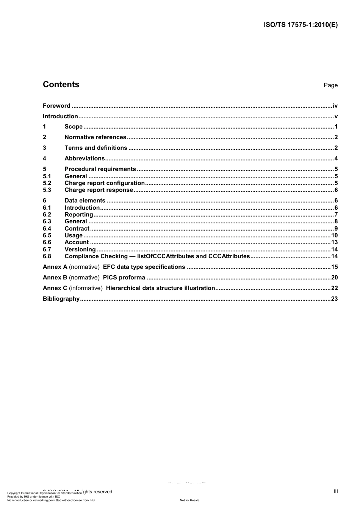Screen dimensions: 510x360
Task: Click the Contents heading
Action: (61, 85)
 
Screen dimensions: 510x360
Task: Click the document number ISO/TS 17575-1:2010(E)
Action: (301, 25)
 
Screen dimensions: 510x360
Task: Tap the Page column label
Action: (330, 85)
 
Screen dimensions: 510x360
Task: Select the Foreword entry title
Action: (56, 106)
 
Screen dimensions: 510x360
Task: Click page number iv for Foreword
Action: (335, 106)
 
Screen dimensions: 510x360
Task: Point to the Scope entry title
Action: (74, 127)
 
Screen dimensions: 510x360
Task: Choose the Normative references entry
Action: (95, 137)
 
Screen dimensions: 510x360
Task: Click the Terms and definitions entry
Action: (96, 148)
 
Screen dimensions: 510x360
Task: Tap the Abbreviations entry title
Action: (85, 158)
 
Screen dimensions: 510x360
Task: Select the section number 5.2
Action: (47, 183)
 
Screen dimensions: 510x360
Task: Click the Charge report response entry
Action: (99, 190)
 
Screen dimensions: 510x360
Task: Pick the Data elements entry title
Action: (85, 201)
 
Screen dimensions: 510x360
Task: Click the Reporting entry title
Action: (79, 215)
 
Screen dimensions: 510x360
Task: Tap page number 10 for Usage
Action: (334, 235)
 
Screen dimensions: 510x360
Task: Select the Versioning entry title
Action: (80, 250)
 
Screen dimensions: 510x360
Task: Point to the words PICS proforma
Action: (124, 278)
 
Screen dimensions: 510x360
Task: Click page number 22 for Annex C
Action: (334, 288)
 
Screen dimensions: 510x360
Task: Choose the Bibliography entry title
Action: (61, 299)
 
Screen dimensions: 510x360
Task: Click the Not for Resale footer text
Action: (189, 500)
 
